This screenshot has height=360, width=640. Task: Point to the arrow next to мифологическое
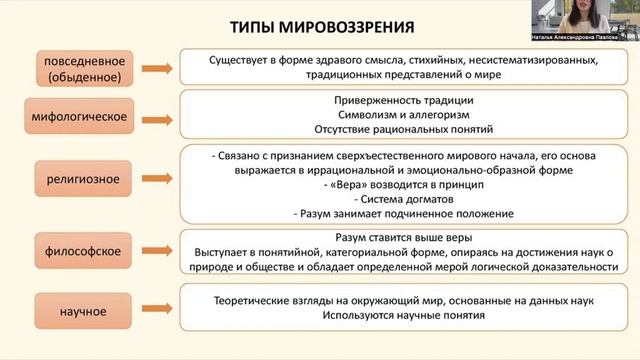click(x=157, y=116)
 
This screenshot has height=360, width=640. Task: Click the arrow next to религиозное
click(x=157, y=180)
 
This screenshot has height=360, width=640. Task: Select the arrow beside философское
click(x=157, y=247)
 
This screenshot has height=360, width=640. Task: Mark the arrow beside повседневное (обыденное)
click(x=157, y=68)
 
